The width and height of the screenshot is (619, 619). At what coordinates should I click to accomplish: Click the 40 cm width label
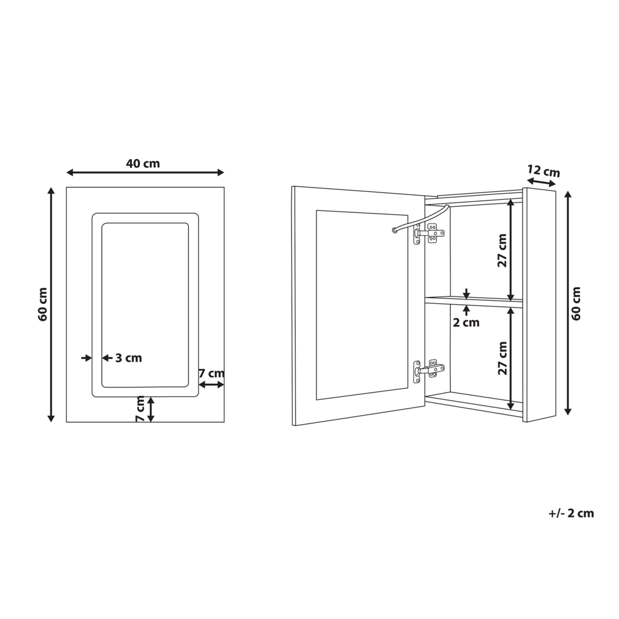tap(143, 164)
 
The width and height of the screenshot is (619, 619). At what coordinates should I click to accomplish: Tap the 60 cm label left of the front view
tap(43, 304)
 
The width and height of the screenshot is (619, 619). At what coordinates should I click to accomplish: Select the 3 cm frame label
tap(128, 358)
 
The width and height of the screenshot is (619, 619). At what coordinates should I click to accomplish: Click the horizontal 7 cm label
tap(211, 373)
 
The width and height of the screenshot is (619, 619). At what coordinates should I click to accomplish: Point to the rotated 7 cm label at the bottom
tap(141, 409)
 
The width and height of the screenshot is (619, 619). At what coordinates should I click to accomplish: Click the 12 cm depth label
tap(543, 171)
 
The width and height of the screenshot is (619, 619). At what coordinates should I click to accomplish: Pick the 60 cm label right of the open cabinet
tap(576, 303)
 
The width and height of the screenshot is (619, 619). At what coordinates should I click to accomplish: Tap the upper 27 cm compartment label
tap(502, 250)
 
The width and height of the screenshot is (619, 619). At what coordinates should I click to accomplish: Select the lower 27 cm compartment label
tap(502, 358)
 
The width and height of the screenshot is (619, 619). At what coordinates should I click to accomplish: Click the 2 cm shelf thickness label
tap(466, 322)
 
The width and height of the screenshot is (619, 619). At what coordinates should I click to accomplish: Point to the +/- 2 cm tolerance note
tap(571, 513)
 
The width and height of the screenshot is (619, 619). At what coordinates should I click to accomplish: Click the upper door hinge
tap(428, 233)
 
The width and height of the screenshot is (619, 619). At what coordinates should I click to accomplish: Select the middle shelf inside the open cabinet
tap(474, 302)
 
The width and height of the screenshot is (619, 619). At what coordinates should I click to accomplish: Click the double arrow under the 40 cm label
tap(145, 173)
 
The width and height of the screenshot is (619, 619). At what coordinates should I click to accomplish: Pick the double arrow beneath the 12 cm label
tap(541, 182)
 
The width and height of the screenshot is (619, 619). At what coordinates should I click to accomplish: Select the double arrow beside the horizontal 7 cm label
tap(212, 384)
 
